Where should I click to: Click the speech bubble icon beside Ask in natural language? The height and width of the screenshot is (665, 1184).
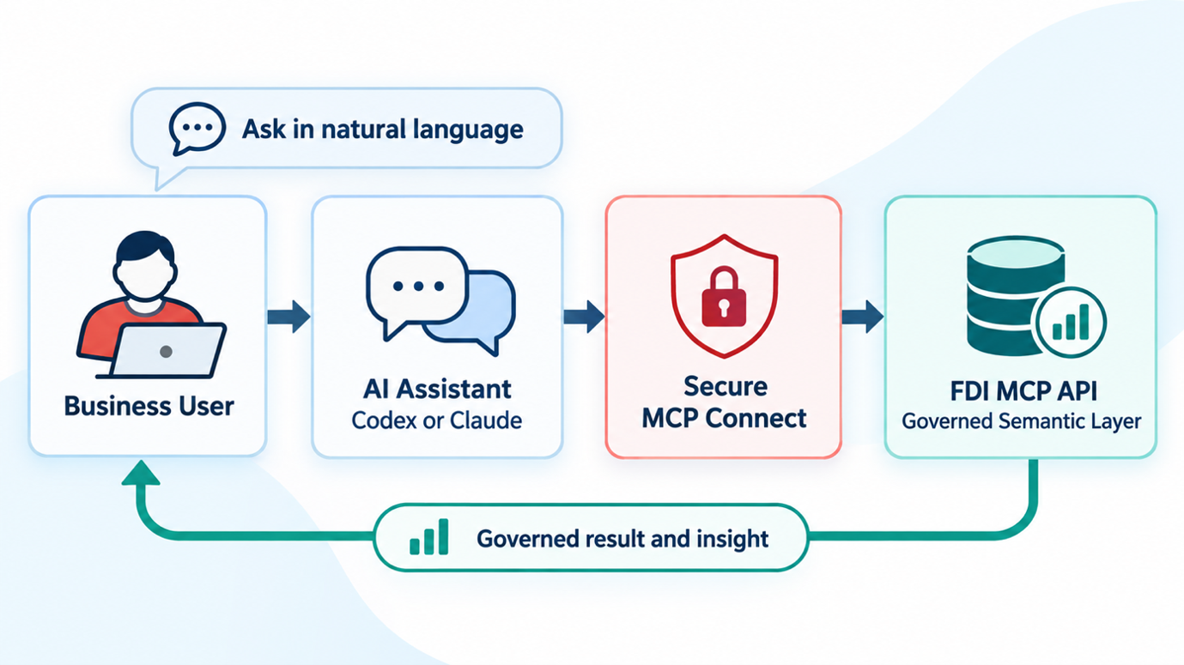pos(197,129)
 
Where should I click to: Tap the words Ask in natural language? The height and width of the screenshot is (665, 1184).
pos(383,130)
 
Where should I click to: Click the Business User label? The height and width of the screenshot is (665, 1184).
pos(149,406)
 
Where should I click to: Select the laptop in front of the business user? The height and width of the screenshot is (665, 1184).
pos(164,351)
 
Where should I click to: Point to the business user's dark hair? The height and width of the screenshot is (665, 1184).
pos(145,246)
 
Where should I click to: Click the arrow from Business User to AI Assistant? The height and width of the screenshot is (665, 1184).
pos(288,317)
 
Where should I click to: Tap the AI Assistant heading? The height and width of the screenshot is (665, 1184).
pos(437,390)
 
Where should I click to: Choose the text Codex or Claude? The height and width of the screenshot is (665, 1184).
pos(437,420)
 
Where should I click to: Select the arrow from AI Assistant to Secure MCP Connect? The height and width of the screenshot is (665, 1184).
pos(584,317)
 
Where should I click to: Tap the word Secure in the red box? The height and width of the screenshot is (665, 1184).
pos(726,387)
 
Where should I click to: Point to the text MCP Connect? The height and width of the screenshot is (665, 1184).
pos(724,419)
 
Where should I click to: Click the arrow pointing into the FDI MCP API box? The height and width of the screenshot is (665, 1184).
pos(863,317)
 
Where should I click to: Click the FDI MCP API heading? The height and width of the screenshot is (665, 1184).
pos(1023,391)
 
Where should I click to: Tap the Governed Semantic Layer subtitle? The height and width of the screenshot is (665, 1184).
pos(1021,421)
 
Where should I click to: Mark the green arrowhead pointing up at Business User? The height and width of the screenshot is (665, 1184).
pos(141,472)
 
